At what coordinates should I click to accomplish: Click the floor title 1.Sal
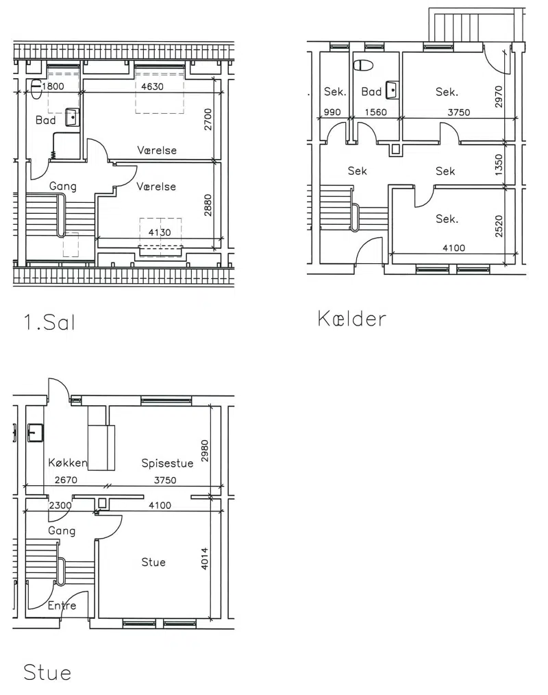tap(49, 322)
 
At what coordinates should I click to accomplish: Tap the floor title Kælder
tap(352, 319)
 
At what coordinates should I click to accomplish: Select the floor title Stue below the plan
tap(47, 672)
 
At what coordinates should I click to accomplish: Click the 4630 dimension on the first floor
tap(152, 86)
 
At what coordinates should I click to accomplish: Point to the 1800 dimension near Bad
tap(53, 86)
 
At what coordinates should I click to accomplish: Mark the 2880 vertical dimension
tap(208, 205)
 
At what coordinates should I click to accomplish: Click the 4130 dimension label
tap(160, 232)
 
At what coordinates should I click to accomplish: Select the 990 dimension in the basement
tap(332, 112)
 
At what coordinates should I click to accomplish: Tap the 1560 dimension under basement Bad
tap(375, 112)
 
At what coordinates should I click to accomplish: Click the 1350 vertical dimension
tap(499, 164)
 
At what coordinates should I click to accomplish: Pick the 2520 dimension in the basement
tap(499, 226)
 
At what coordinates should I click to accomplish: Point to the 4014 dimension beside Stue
tap(204, 559)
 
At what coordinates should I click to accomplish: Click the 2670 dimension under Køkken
tap(66, 480)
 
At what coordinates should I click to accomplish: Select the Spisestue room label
tap(167, 463)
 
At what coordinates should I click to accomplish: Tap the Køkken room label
tap(67, 462)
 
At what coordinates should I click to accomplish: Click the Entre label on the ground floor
tap(62, 605)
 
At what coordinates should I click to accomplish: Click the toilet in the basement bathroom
tap(363, 65)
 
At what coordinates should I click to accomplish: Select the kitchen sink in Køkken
tap(36, 432)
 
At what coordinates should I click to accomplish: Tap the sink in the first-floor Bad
tap(72, 117)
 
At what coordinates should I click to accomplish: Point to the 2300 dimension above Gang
tap(60, 505)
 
